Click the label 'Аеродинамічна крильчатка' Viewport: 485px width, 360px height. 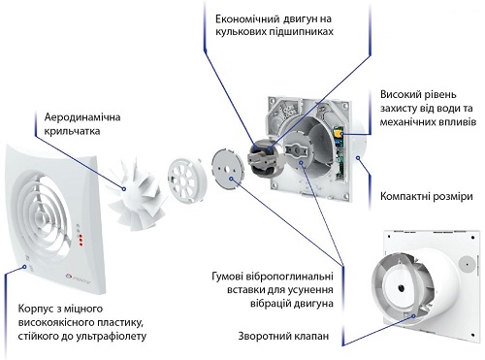tap(82, 124)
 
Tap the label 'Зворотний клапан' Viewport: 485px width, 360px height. tap(283, 336)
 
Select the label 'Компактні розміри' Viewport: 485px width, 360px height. tap(427, 196)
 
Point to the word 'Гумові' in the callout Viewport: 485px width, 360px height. tap(227, 277)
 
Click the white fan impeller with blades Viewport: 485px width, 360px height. tap(136, 195)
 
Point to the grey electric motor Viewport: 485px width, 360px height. tap(265, 155)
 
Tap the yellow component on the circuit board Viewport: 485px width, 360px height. tap(339, 134)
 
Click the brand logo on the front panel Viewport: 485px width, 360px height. tap(79, 276)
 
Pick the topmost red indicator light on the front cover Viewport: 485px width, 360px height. tap(80, 236)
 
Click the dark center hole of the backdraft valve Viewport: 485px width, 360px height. tap(401, 287)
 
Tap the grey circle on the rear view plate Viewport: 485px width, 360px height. tap(466, 263)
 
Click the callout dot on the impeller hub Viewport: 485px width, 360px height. tap(123, 189)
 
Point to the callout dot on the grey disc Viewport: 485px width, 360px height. tap(231, 179)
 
